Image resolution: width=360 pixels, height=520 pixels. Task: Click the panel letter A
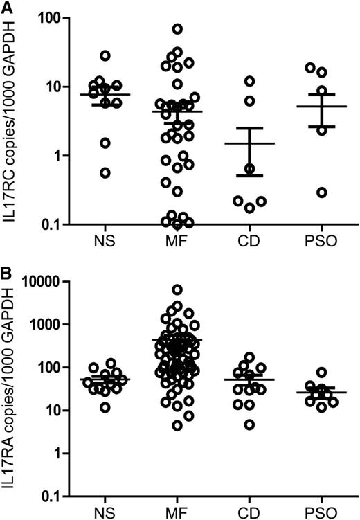(7, 6)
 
